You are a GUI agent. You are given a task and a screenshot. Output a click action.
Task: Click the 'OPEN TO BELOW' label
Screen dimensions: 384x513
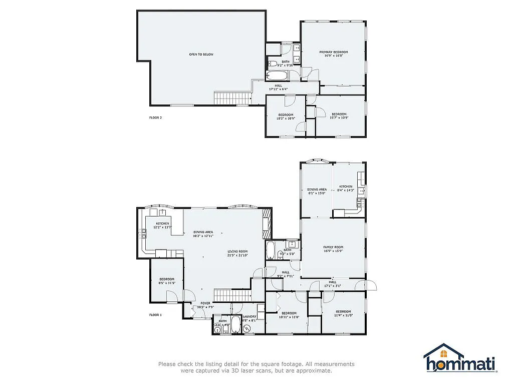(x=200, y=54)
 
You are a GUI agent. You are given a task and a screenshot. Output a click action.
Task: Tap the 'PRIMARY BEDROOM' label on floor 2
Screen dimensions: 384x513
(x=334, y=52)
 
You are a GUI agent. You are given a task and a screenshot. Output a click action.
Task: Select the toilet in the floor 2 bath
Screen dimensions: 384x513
(x=273, y=63)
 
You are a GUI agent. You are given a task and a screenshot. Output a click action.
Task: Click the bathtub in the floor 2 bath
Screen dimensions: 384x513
(x=277, y=76)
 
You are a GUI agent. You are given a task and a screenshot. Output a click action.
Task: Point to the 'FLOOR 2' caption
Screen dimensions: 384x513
(x=155, y=118)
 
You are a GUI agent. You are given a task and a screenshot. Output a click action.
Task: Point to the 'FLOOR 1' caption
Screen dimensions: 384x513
(x=155, y=315)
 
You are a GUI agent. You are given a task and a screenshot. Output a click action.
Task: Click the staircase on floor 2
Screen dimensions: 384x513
(x=232, y=98)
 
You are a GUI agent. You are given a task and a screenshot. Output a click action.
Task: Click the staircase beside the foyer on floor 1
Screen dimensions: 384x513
(x=232, y=295)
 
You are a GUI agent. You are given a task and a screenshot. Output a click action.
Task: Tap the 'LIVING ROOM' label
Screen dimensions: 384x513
(x=238, y=251)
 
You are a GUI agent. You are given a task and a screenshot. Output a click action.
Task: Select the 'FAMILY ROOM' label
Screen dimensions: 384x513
(x=333, y=247)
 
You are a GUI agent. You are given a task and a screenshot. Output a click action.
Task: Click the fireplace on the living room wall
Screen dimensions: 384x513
(x=267, y=223)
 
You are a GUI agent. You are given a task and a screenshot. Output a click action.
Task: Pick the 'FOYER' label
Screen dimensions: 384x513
(x=205, y=303)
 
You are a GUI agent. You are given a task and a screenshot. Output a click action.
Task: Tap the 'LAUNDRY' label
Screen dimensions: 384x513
(x=249, y=316)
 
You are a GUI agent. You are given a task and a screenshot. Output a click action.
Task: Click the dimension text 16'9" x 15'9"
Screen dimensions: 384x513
(x=333, y=251)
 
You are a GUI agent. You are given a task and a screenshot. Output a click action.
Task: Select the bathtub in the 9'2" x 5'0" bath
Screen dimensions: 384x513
(x=271, y=248)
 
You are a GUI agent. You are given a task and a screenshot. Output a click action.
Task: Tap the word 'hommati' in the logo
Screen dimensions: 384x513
(x=461, y=364)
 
